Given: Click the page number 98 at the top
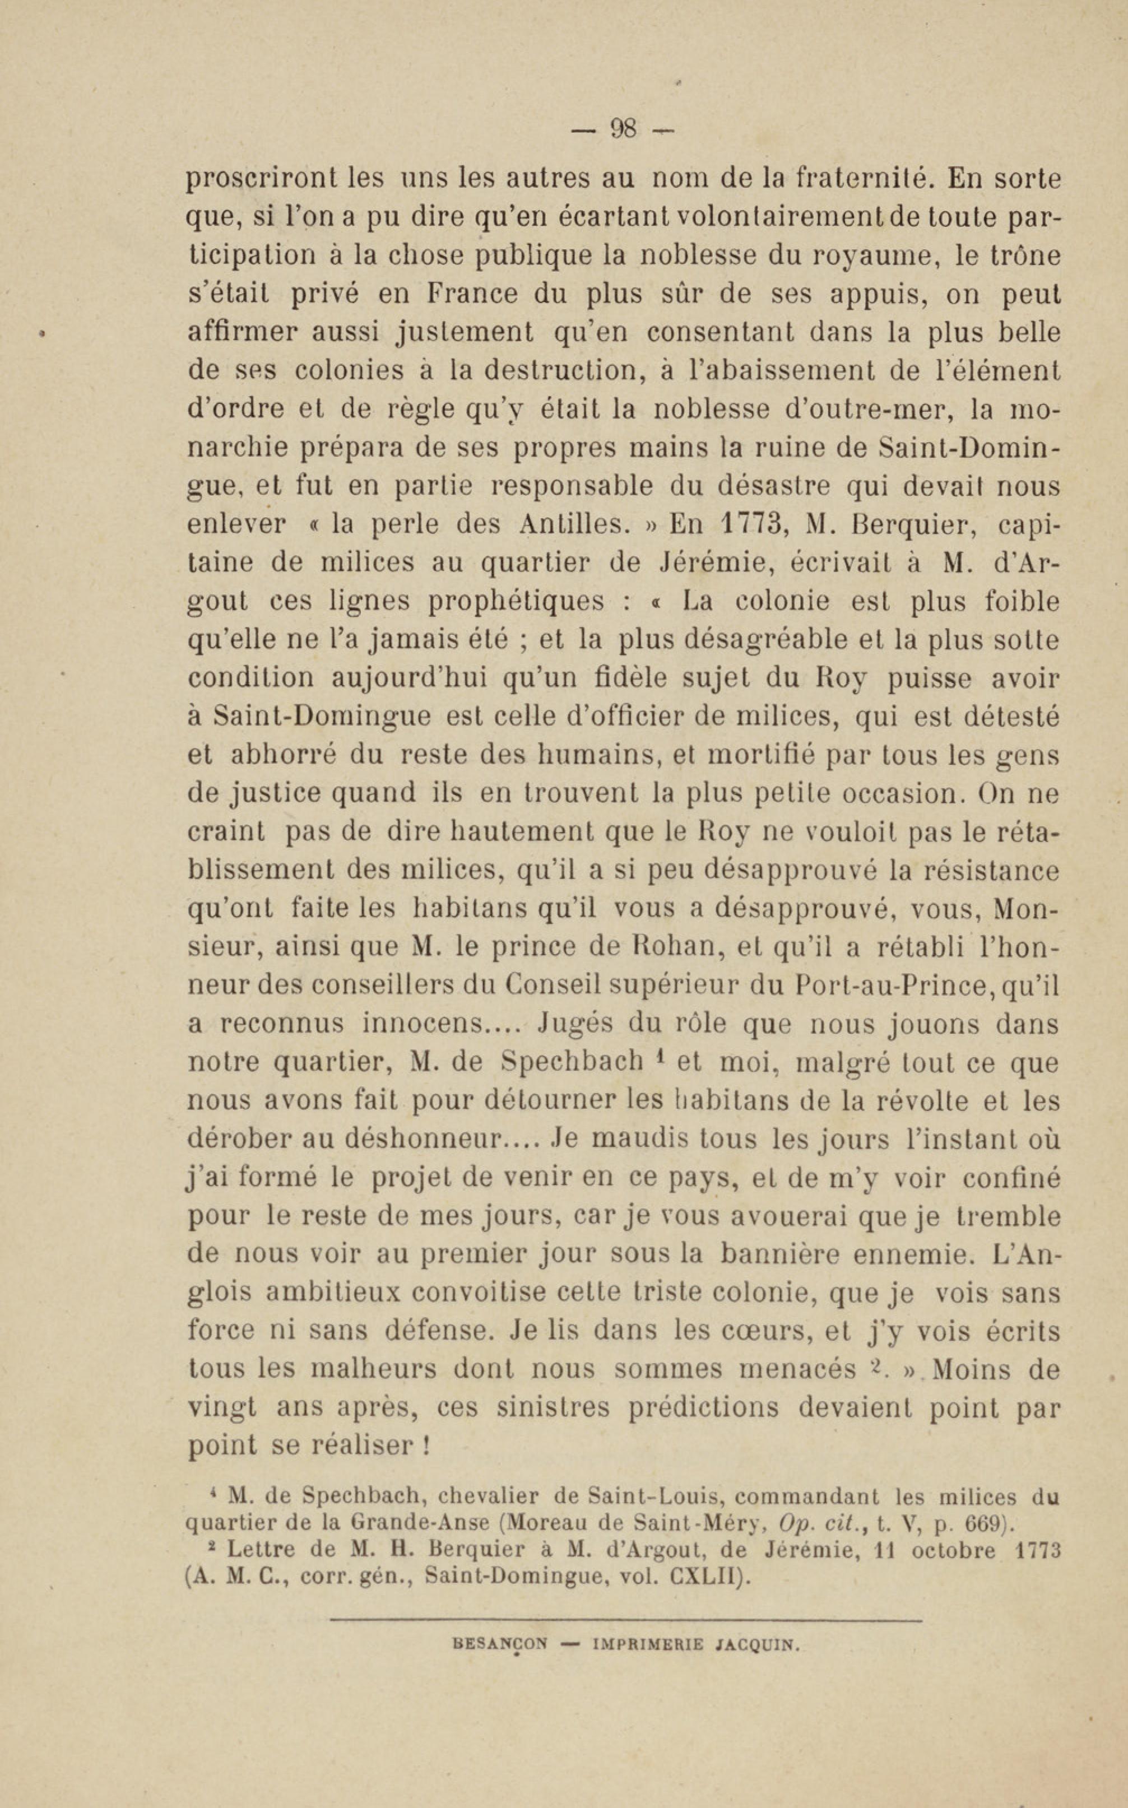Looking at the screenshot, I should tap(624, 129).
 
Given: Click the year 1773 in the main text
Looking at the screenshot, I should tap(739, 524).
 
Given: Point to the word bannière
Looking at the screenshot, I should tap(777, 1254).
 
